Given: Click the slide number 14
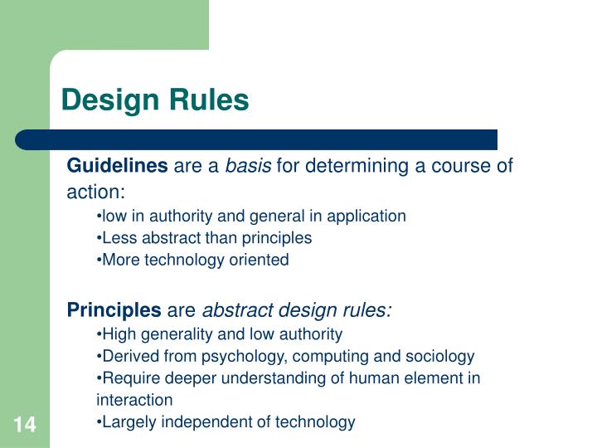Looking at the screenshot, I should (24, 426).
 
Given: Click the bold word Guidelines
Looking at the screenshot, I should (117, 166).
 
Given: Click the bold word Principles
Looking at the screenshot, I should (114, 310).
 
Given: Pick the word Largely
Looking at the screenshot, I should (127, 422).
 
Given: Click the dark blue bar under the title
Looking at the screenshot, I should (257, 139).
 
